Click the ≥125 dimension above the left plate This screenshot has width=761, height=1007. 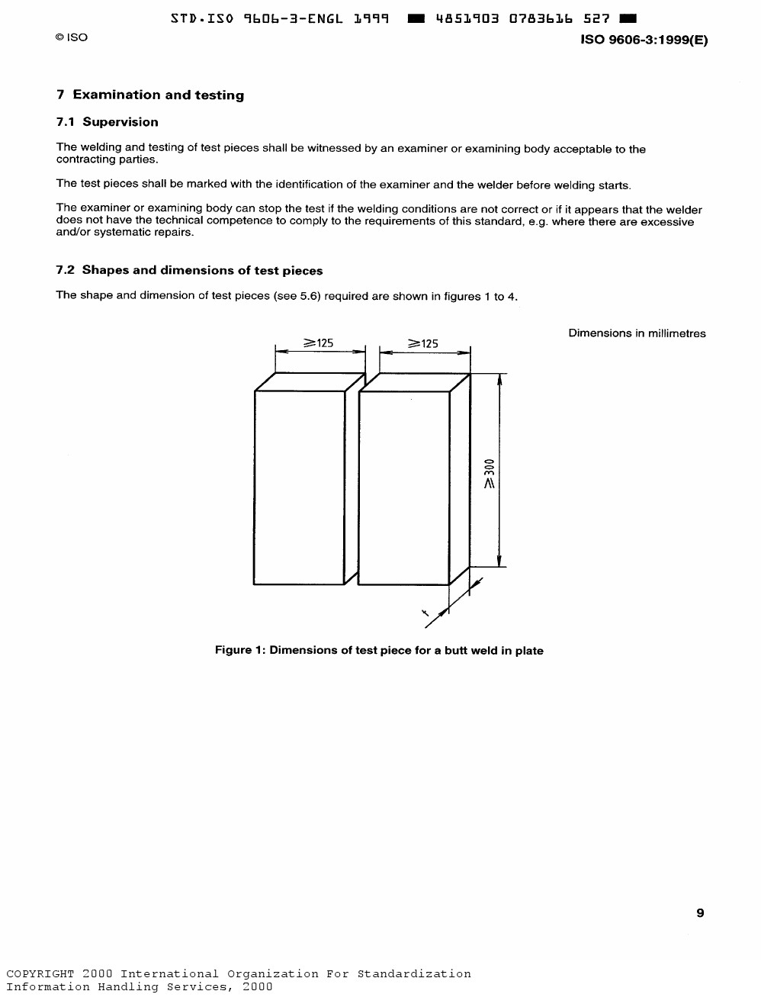[x=319, y=343]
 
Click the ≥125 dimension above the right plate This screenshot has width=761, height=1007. [x=423, y=343]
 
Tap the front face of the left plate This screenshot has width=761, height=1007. [x=299, y=487]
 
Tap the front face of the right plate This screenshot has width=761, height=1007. [x=403, y=487]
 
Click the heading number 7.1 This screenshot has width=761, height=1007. [x=66, y=122]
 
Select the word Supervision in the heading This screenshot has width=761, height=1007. [x=120, y=122]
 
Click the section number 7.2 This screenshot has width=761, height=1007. [x=66, y=270]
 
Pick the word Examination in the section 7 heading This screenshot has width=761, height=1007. [x=117, y=95]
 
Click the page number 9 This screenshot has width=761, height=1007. [x=700, y=913]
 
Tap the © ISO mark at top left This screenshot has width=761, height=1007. [x=72, y=37]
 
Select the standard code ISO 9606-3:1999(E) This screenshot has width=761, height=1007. [x=644, y=40]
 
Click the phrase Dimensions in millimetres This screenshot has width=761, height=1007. [x=637, y=333]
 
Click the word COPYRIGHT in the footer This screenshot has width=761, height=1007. [x=40, y=973]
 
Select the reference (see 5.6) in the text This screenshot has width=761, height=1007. [x=297, y=296]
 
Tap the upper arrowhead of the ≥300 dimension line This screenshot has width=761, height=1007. [x=499, y=379]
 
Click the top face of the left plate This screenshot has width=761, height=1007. [x=310, y=381]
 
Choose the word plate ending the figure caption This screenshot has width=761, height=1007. [x=528, y=651]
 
